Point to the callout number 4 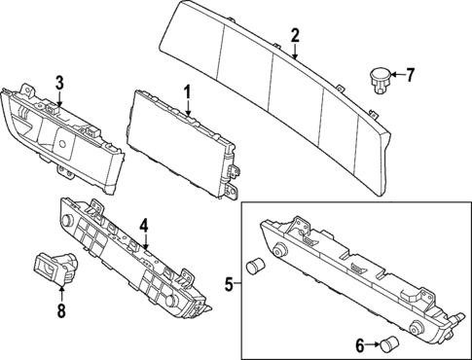pos(143,226)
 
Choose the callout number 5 pos(229,285)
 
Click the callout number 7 pos(409,74)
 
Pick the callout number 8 pos(60,312)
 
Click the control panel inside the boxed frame pos(360,282)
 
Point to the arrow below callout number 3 pos(59,100)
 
